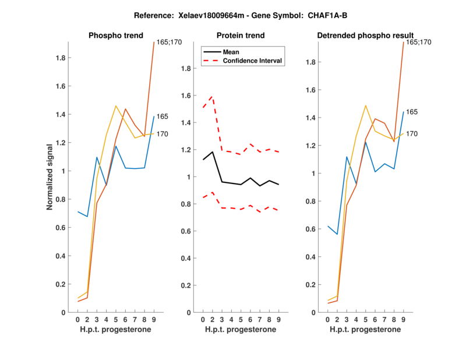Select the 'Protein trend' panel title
point(240,36)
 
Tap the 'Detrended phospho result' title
point(366,36)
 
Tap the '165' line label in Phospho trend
point(162,117)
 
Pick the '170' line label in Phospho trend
point(162,134)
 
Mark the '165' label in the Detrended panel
point(412,112)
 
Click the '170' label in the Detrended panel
point(412,134)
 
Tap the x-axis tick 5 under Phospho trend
point(116,320)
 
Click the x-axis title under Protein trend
point(240,330)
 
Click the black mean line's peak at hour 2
point(213,152)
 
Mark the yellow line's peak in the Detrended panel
point(366,105)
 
